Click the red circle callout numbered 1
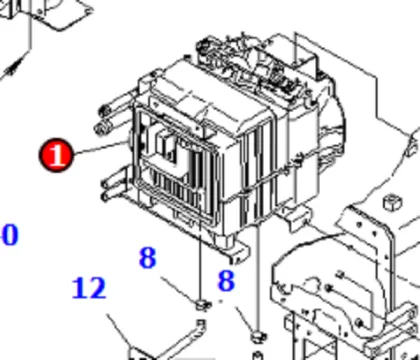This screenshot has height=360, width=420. tap(56, 156)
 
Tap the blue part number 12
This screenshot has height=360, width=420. tap(89, 289)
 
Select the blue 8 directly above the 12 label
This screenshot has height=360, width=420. tap(148, 258)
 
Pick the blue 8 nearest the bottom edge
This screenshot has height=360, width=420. tap(226, 281)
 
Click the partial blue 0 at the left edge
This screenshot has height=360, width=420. tap(9, 236)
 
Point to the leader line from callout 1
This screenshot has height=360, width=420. tap(100, 150)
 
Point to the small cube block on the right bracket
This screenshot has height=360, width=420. tap(385, 205)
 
